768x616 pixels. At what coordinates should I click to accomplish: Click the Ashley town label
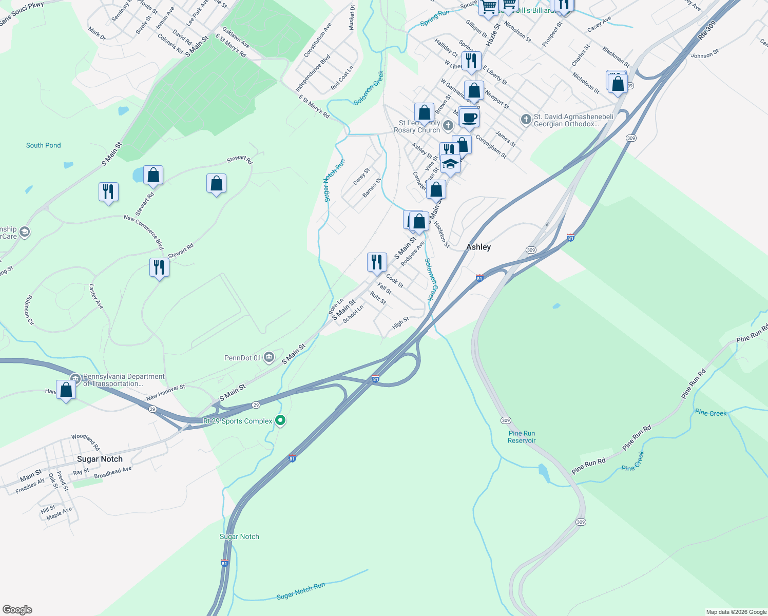[478, 247]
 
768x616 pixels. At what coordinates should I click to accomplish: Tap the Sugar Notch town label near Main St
[100, 459]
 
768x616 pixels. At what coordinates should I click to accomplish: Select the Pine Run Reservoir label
[522, 437]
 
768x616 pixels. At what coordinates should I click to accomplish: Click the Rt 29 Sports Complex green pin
[280, 421]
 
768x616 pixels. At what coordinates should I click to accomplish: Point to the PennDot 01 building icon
[268, 358]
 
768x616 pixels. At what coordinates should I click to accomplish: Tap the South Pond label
[44, 145]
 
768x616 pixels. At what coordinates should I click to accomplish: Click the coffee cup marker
[469, 118]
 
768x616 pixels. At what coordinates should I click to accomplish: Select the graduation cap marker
[450, 164]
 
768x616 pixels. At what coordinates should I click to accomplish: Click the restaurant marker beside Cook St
[377, 262]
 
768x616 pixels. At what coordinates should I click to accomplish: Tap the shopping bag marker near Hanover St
[66, 390]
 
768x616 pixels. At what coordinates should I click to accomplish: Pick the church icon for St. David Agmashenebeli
[526, 120]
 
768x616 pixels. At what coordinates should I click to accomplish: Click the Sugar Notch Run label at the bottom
[301, 591]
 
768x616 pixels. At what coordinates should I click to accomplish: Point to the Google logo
[17, 609]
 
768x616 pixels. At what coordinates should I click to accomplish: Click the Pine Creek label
[711, 413]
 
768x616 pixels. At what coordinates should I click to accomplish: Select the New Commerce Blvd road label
[144, 232]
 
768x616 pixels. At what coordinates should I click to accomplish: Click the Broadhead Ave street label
[113, 472]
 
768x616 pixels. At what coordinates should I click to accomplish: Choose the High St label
[400, 323]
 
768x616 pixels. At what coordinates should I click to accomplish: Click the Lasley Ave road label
[97, 297]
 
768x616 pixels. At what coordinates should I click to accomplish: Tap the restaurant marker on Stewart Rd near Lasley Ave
[159, 267]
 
